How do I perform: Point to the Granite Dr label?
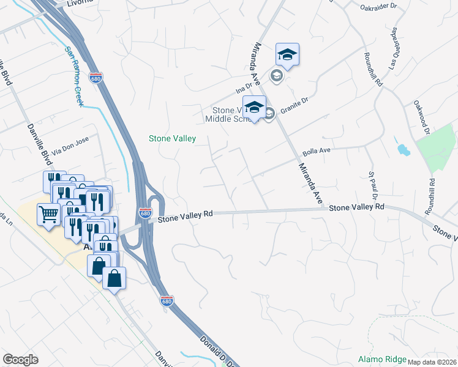(293, 109)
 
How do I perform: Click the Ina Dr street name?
(244, 89)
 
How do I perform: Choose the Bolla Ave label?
(317, 151)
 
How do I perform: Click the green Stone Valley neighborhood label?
(173, 139)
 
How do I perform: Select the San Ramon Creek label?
(74, 78)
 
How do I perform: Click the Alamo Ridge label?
(381, 358)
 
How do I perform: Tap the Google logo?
(20, 360)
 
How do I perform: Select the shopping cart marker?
(48, 215)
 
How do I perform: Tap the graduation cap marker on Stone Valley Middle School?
(254, 108)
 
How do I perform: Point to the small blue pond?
(402, 149)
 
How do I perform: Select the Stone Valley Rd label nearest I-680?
(185, 215)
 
